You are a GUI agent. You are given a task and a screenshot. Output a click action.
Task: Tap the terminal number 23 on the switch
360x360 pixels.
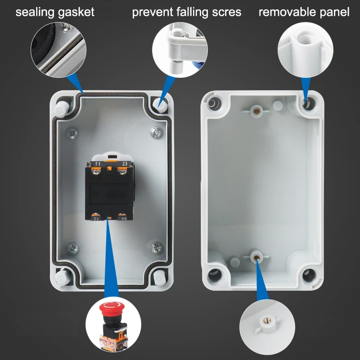pyautogui.click(x=125, y=164)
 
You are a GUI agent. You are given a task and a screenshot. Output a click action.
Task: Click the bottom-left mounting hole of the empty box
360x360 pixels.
pyautogui.click(x=212, y=274)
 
